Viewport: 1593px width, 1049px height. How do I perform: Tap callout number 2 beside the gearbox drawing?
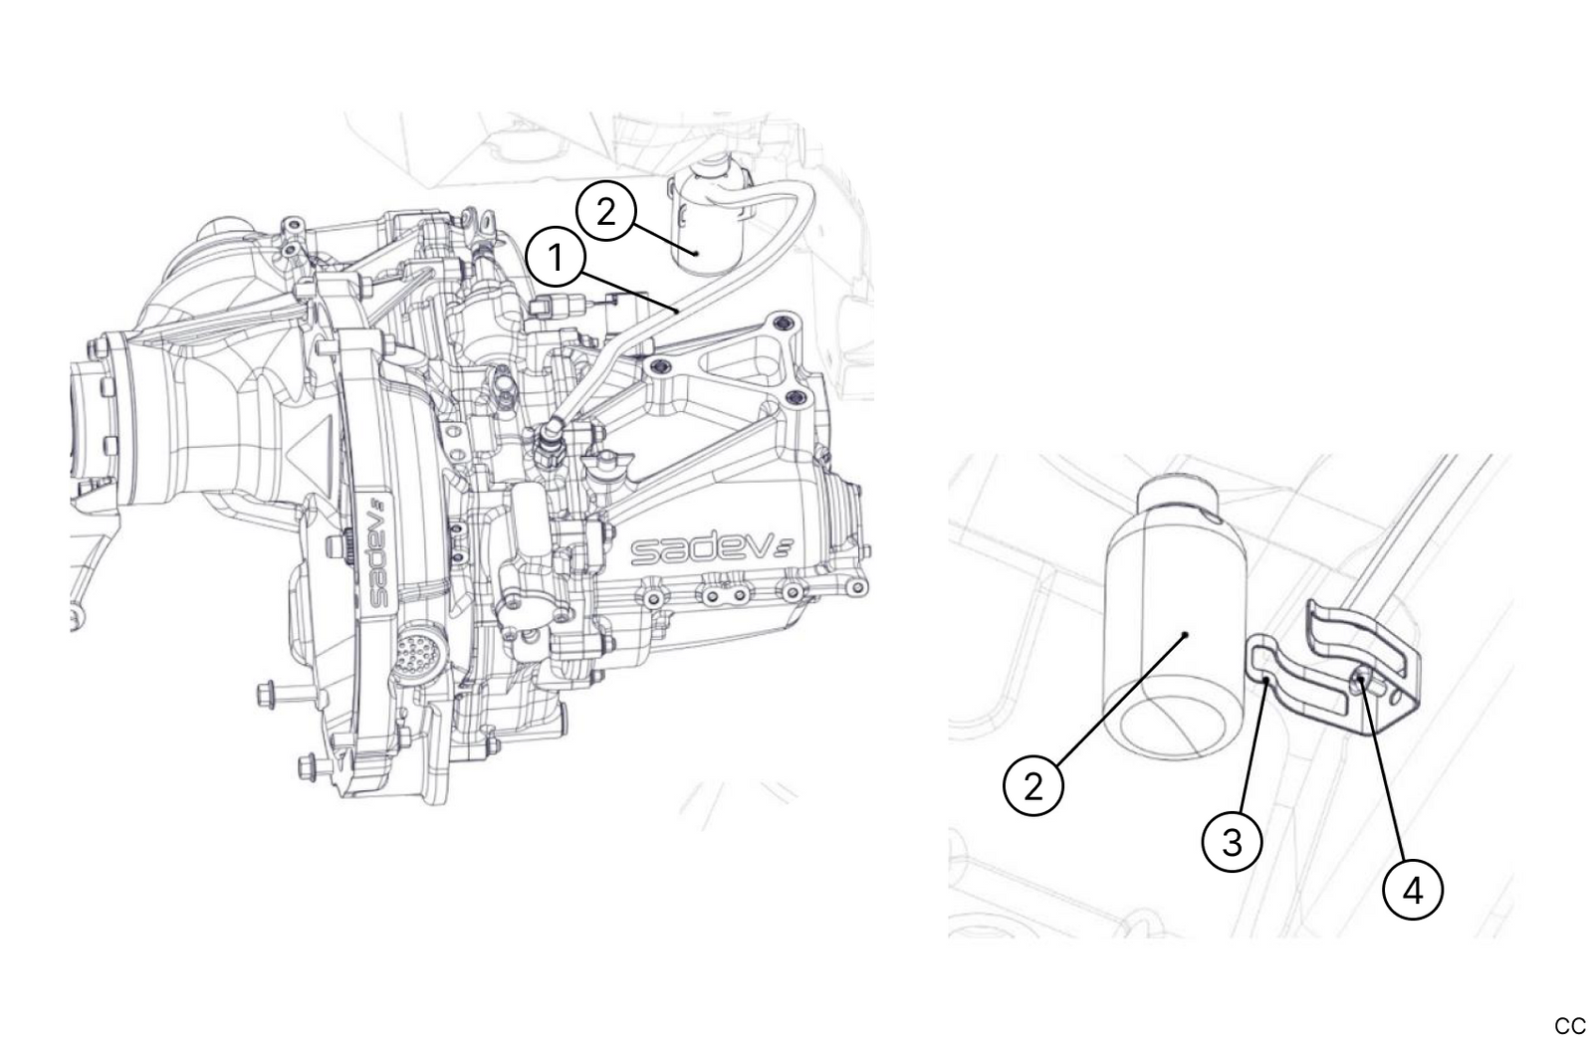click(606, 211)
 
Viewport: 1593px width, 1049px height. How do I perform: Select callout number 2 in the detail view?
click(1032, 785)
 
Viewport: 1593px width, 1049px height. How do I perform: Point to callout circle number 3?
click(1232, 842)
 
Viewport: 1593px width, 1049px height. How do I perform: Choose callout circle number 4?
click(1413, 890)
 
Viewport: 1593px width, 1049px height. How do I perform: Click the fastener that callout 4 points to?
click(1360, 682)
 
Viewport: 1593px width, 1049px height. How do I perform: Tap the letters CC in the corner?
click(1569, 1026)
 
